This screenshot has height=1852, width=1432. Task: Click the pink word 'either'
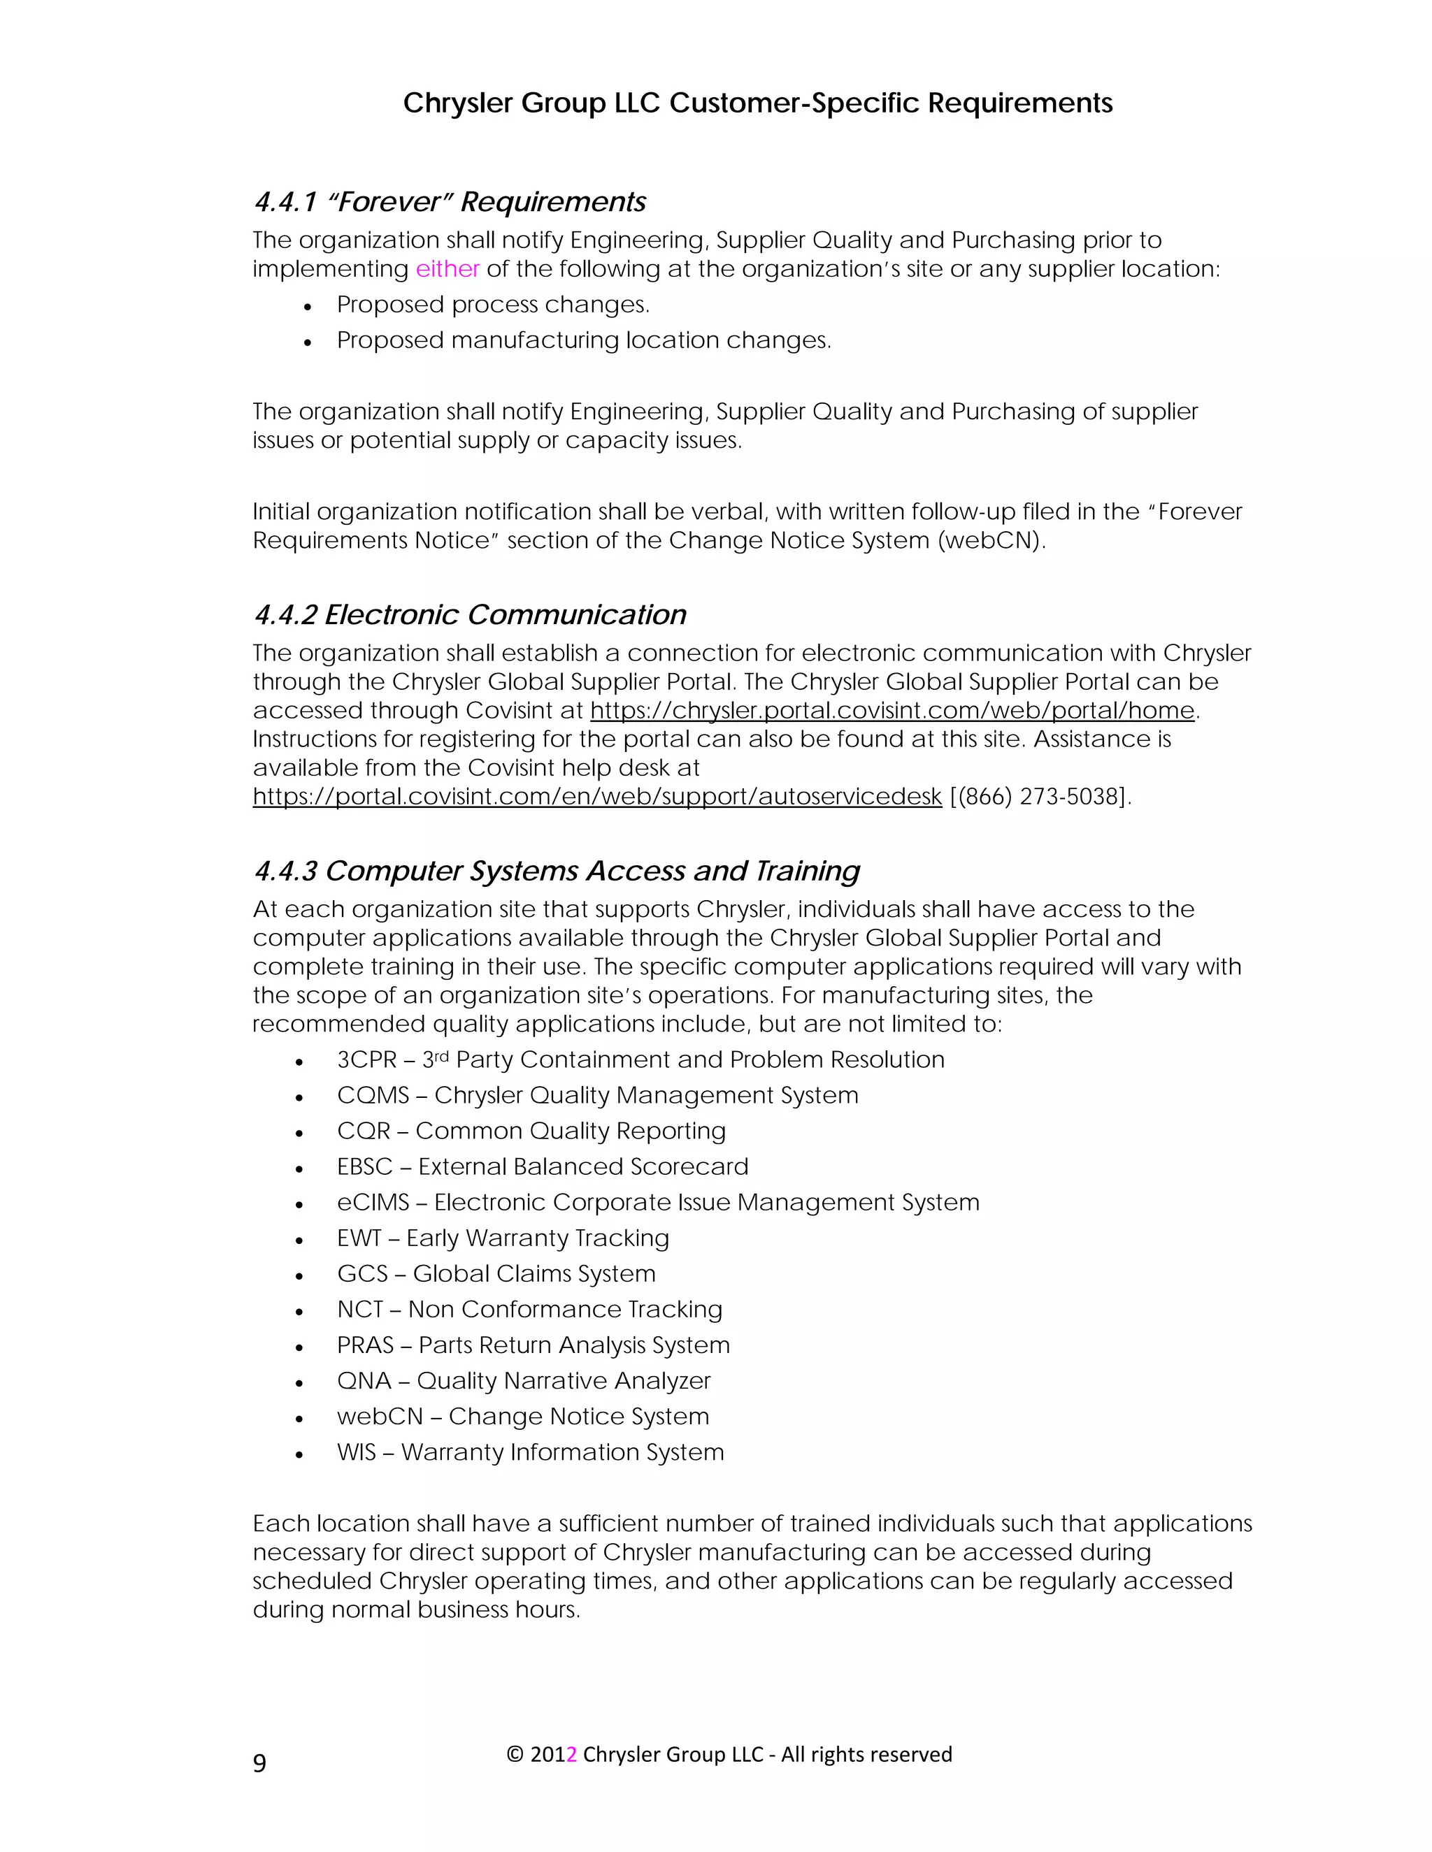(447, 269)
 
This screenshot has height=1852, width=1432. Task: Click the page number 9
(259, 1763)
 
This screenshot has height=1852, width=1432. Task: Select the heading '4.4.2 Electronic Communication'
(469, 615)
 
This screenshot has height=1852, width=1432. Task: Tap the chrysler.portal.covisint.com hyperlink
(892, 710)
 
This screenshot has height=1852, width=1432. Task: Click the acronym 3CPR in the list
(366, 1060)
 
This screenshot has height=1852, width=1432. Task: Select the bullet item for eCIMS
(657, 1203)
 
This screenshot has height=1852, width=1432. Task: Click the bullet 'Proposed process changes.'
(493, 305)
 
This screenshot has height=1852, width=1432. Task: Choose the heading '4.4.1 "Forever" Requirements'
(450, 202)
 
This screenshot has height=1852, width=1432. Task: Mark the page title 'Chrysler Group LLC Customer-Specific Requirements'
(757, 103)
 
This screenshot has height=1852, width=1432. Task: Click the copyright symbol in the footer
(514, 1754)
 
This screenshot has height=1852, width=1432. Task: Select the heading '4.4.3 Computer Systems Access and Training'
(557, 871)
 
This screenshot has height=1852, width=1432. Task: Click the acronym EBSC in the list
(365, 1167)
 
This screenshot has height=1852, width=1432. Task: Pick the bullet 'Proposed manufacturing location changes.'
(584, 340)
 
